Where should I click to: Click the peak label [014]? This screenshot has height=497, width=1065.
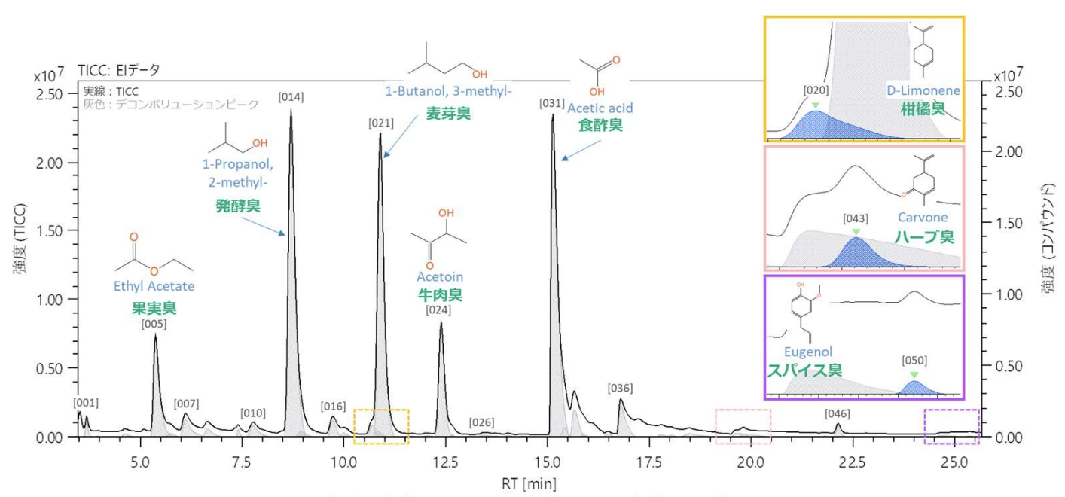(x=291, y=97)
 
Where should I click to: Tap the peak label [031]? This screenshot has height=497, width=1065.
(x=552, y=103)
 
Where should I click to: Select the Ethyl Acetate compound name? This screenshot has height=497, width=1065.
(x=154, y=287)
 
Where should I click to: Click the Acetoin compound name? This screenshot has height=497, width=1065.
(x=440, y=276)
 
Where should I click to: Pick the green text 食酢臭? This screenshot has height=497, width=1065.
(x=600, y=125)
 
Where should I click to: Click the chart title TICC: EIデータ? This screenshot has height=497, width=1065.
(x=119, y=70)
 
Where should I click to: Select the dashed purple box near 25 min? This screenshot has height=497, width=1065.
(x=951, y=425)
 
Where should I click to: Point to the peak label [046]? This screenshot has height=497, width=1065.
(x=838, y=413)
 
